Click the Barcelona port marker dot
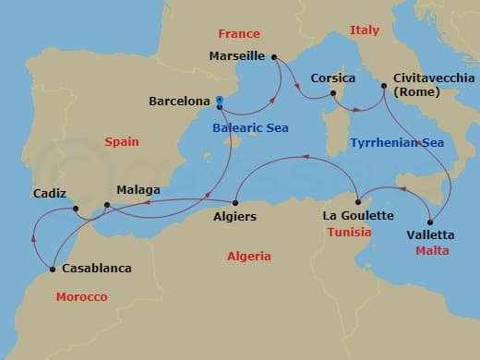pyautogui.click(x=220, y=104)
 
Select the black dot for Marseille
pyautogui.click(x=275, y=57)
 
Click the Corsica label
pyautogui.click(x=333, y=79)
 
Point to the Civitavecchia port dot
pyautogui.click(x=383, y=86)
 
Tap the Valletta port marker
pyautogui.click(x=431, y=220)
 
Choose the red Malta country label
pyautogui.click(x=432, y=250)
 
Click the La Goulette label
pyautogui.click(x=358, y=216)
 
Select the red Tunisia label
pyautogui.click(x=350, y=233)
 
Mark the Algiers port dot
pyautogui.click(x=235, y=202)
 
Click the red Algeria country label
pyautogui.click(x=249, y=256)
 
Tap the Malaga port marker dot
pyautogui.click(x=107, y=204)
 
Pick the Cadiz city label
pyautogui.click(x=48, y=194)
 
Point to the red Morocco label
pyautogui.click(x=81, y=296)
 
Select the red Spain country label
pyautogui.click(x=121, y=144)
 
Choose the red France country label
pyautogui.click(x=239, y=34)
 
